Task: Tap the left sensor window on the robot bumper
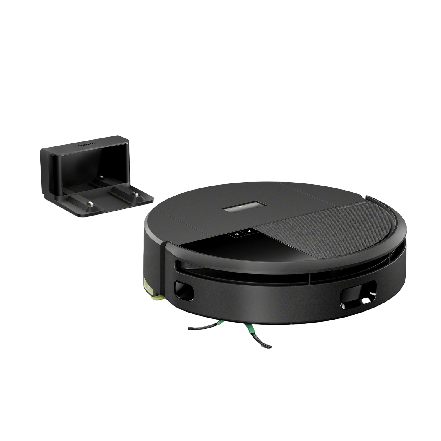pyautogui.click(x=184, y=291)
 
